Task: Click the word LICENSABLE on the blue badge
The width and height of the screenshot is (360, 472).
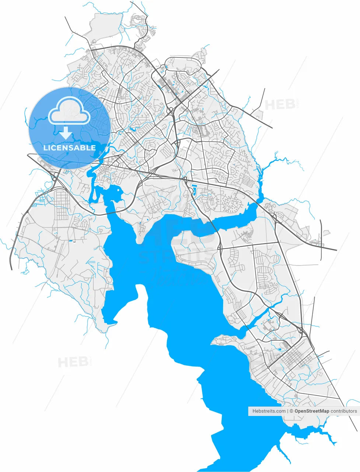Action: tap(69, 148)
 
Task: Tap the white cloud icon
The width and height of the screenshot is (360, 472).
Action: tap(69, 111)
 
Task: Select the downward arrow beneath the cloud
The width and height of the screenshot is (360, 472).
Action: tap(66, 132)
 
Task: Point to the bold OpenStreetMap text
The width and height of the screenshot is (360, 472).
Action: tap(312, 411)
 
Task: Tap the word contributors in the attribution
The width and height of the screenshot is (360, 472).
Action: tap(344, 411)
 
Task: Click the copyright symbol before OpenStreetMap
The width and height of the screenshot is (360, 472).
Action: tap(291, 411)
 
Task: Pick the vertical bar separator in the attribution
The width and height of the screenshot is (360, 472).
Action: tap(287, 411)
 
